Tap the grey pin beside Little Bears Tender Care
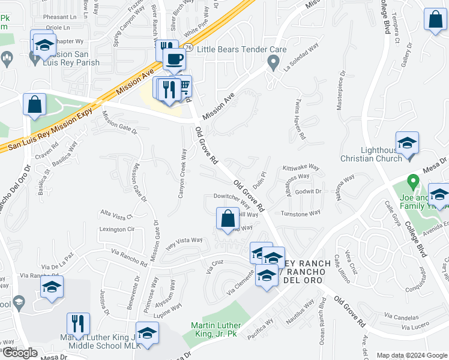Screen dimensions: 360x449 (x=274, y=61)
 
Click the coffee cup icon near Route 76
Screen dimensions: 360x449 (x=174, y=59)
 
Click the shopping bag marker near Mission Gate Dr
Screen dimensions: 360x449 (x=35, y=104)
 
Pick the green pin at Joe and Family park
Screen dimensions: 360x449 (x=412, y=180)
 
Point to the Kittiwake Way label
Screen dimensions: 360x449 (x=297, y=169)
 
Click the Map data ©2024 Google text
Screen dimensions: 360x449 (x=412, y=355)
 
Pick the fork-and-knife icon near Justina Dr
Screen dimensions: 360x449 (x=78, y=324)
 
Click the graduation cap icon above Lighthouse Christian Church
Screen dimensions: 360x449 (x=407, y=143)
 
